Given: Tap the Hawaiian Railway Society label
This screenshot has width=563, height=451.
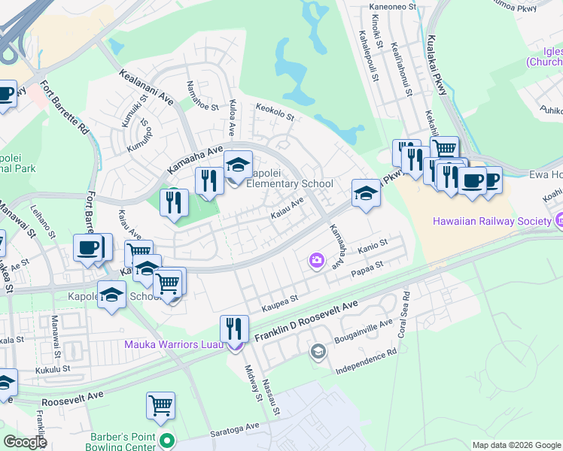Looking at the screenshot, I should pos(491,221).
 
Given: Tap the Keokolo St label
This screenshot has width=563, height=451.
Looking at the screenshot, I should pos(274,111).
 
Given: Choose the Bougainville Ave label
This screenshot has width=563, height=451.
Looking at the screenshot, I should pos(363,331).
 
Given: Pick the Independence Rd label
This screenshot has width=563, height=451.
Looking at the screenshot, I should pos(366,361).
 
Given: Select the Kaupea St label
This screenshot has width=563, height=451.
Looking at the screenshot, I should pos(280,304).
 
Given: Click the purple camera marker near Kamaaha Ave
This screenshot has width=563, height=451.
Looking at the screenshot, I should pos(316,260).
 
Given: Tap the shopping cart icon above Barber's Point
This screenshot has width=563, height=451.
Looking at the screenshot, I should pos(161,406).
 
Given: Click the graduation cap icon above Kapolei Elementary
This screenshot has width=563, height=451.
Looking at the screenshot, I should pos(238,165).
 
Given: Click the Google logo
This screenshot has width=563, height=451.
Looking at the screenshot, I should pos(24,442).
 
